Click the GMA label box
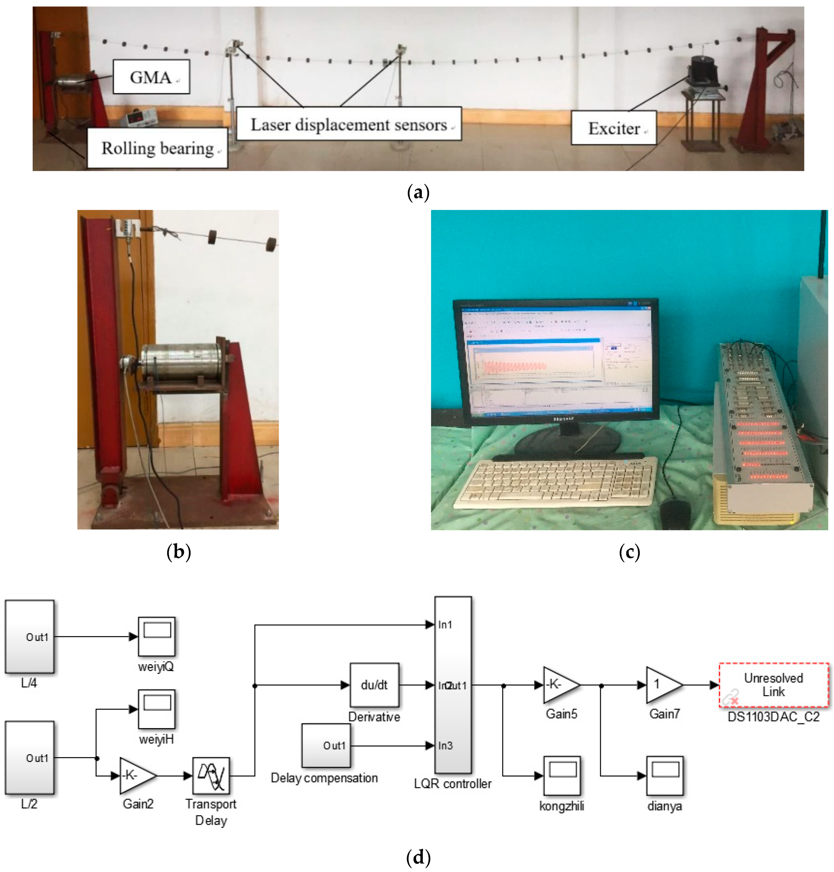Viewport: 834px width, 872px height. tap(151, 77)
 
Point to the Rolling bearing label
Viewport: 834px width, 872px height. tap(157, 148)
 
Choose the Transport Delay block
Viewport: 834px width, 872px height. tap(211, 776)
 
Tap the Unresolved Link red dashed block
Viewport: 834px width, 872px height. tap(774, 685)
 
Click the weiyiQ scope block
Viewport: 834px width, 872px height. tap(156, 636)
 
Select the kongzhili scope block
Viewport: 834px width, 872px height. tap(562, 776)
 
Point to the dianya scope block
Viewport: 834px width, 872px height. tap(665, 776)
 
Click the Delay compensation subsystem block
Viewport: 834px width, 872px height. tap(326, 745)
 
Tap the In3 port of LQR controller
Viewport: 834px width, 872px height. tap(445, 745)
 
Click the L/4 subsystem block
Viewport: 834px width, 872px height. tap(29, 636)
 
